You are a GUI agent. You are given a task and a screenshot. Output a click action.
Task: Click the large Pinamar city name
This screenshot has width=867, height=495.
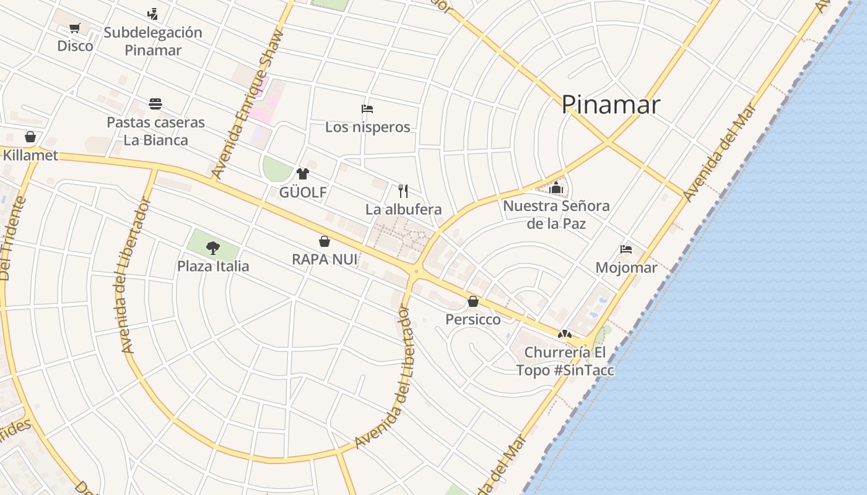(x=611, y=105)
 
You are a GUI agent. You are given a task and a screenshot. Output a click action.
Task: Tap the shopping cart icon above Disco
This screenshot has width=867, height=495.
(x=75, y=28)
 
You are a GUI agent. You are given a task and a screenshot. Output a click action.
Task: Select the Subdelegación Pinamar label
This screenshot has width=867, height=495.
(x=153, y=41)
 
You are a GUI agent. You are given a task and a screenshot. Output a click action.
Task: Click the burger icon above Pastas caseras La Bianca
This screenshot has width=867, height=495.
(x=155, y=103)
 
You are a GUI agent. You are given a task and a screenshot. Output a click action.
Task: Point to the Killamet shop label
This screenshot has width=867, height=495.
(x=30, y=155)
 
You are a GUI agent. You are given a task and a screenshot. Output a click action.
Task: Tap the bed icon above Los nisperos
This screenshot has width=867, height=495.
(x=367, y=109)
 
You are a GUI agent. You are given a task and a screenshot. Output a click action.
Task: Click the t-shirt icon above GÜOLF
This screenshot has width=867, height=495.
(x=303, y=174)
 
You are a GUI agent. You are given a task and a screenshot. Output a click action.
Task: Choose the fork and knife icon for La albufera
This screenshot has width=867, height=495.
(x=403, y=191)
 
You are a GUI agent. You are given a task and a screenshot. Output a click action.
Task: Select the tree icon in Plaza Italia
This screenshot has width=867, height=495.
(x=213, y=248)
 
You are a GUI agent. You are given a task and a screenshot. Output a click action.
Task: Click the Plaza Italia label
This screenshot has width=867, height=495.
(x=213, y=266)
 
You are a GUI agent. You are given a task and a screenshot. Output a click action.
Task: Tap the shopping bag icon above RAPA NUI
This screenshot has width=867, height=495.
(x=325, y=241)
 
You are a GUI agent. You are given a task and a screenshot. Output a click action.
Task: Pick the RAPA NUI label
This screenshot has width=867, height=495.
(x=325, y=259)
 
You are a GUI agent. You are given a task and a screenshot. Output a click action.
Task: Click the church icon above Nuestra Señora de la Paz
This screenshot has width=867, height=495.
(x=556, y=187)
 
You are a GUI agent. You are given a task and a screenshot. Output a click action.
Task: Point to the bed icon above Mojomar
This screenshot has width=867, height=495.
(x=626, y=249)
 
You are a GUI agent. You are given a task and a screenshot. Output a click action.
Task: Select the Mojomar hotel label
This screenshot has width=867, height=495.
(x=626, y=267)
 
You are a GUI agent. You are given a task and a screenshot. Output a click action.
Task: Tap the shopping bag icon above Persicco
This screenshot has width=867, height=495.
(x=473, y=301)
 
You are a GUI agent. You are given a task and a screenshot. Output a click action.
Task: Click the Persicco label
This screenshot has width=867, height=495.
(x=473, y=319)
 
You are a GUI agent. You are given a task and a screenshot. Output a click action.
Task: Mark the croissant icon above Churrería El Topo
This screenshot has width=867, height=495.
(x=564, y=334)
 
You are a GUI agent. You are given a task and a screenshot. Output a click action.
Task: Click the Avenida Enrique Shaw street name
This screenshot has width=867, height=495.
(x=246, y=105)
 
